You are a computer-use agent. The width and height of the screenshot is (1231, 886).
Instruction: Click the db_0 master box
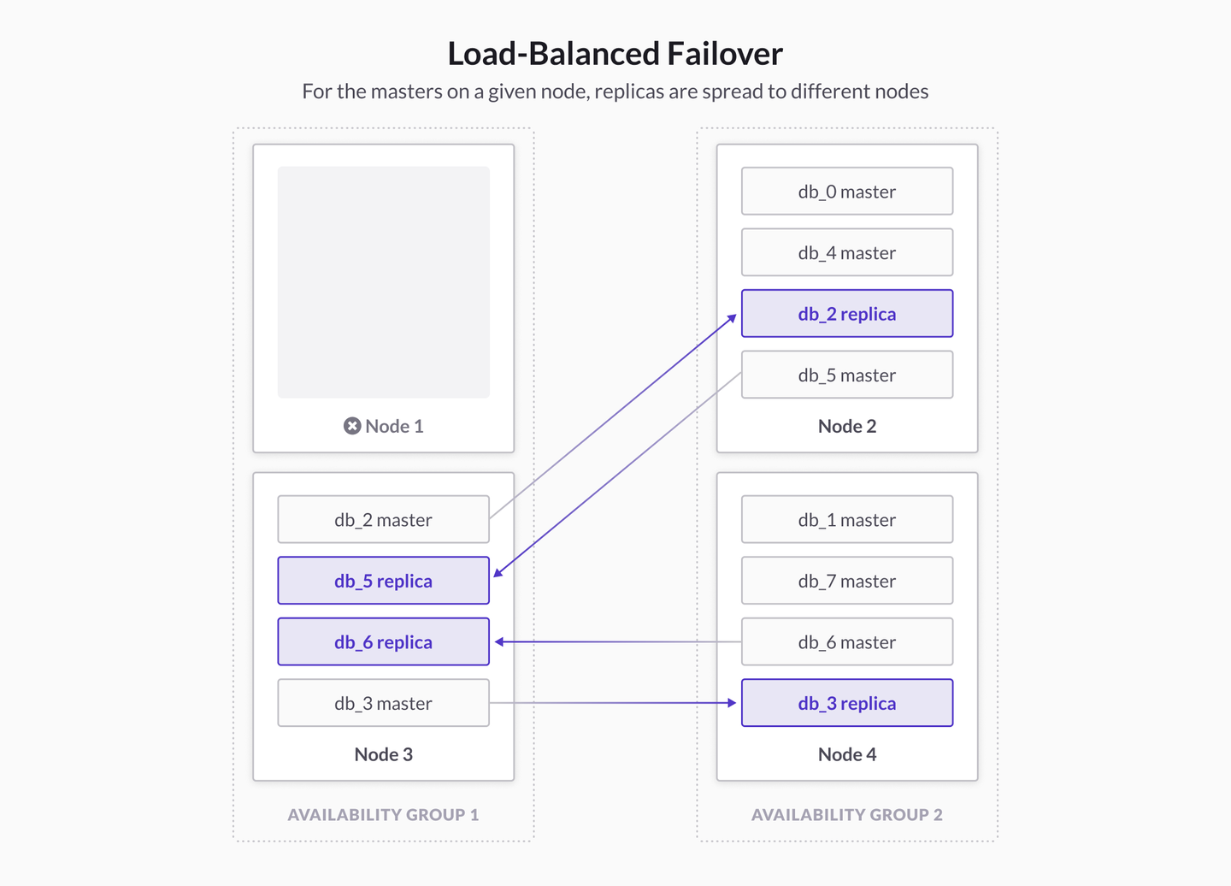tap(846, 192)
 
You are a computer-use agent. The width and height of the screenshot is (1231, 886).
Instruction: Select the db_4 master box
tap(846, 252)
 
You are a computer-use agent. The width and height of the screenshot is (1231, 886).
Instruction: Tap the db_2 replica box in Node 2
tap(846, 314)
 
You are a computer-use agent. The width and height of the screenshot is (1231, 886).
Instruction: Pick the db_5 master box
tap(846, 375)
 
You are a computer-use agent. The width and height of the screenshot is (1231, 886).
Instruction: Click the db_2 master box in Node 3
tap(383, 519)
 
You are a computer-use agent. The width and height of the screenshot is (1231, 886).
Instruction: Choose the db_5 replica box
tap(383, 581)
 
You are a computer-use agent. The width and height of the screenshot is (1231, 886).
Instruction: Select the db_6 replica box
tap(383, 641)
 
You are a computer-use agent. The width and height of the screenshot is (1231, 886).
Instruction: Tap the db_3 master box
tap(383, 703)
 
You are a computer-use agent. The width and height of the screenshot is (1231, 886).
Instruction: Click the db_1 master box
tap(846, 519)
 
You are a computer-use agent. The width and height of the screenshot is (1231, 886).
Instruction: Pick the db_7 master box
tap(846, 581)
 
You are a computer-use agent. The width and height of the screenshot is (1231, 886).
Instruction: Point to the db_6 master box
tap(846, 641)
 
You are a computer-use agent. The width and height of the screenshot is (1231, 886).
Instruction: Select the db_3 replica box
tap(846, 703)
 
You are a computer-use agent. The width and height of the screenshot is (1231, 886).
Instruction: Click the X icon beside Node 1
tap(352, 426)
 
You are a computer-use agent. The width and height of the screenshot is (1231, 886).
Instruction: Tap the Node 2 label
tap(846, 426)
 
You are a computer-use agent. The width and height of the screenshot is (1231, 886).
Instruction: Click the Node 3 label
tap(383, 754)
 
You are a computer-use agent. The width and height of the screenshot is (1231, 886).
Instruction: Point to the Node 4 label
tap(846, 754)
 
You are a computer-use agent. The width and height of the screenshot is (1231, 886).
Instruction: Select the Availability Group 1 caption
tap(383, 815)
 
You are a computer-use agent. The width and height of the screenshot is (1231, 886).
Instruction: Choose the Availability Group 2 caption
tap(846, 815)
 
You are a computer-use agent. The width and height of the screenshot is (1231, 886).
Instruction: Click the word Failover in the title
tap(724, 54)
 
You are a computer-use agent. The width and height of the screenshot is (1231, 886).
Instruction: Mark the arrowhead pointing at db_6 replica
tap(500, 641)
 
